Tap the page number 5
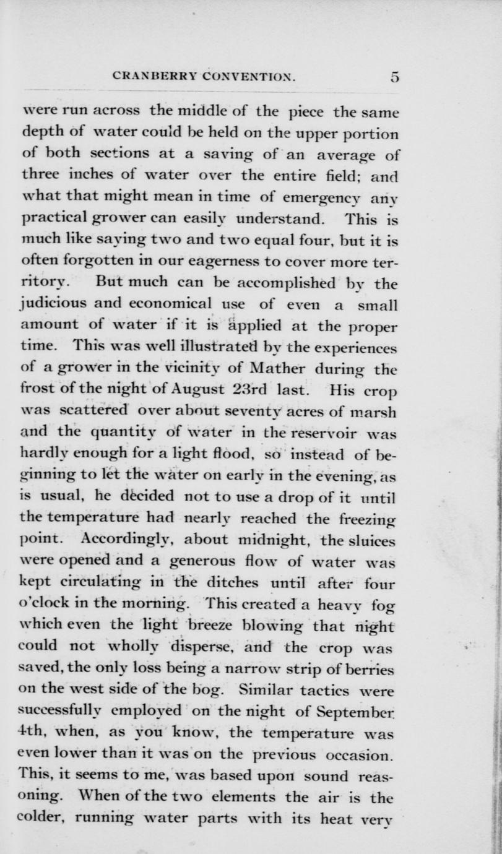[395, 78]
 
